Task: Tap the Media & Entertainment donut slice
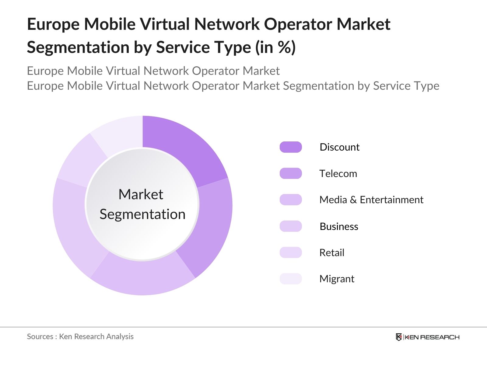[x=143, y=277]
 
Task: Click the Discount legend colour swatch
[x=291, y=147]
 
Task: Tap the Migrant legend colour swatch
[x=291, y=279]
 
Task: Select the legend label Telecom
[x=338, y=173]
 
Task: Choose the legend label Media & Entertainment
[x=371, y=200]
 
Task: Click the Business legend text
[x=339, y=226]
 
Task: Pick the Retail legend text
[x=331, y=252]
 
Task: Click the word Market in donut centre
[x=141, y=194]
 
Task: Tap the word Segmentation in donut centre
[x=142, y=214]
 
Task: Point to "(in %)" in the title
[x=275, y=47]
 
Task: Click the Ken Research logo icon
[x=399, y=337]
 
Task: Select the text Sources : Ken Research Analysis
[x=80, y=336]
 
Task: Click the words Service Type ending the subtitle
[x=406, y=86]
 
